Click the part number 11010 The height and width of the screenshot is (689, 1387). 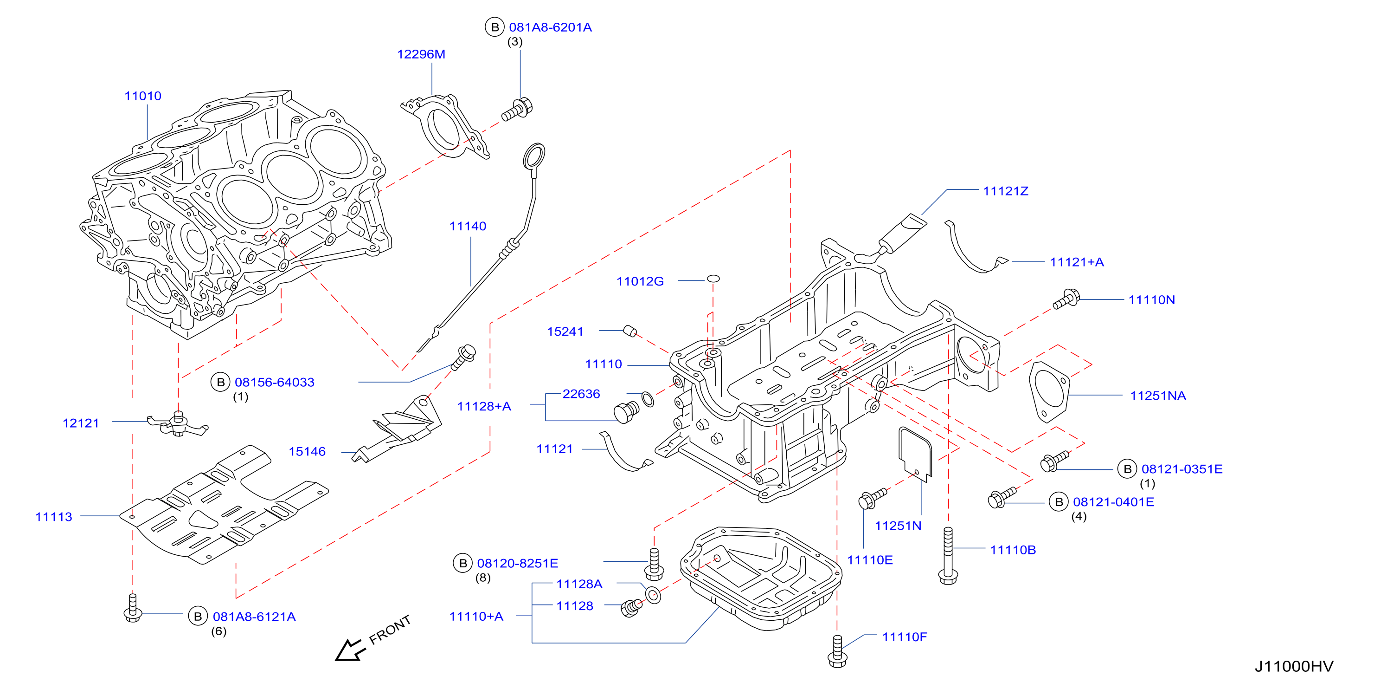click(143, 96)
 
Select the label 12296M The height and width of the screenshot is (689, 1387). click(421, 54)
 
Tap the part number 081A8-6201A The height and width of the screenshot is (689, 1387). click(550, 27)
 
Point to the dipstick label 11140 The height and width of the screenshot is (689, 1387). click(468, 226)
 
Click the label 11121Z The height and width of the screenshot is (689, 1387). click(1006, 191)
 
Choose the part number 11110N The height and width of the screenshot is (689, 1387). click(1152, 300)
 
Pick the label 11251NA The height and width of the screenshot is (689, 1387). click(1158, 396)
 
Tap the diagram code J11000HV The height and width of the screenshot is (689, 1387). click(1294, 667)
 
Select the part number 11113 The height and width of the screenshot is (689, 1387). click(54, 517)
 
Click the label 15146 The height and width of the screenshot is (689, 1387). click(307, 452)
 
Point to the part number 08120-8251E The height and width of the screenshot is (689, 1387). click(517, 564)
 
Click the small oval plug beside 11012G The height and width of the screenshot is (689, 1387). click(713, 279)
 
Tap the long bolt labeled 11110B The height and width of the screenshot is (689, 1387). click(948, 555)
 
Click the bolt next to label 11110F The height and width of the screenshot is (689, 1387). click(837, 651)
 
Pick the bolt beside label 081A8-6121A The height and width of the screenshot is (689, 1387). click(133, 608)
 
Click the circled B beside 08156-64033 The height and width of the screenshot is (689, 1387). click(220, 383)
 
